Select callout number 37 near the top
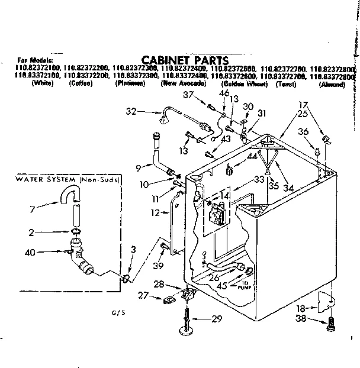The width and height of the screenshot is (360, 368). point(188,95)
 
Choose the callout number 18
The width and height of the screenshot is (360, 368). point(301,308)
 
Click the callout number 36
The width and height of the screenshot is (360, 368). point(303,132)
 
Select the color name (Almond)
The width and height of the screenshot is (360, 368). point(332,85)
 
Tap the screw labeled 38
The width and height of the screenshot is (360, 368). point(330,324)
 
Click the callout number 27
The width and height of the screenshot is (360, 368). point(142,295)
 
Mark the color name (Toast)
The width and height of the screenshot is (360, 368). point(286,85)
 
